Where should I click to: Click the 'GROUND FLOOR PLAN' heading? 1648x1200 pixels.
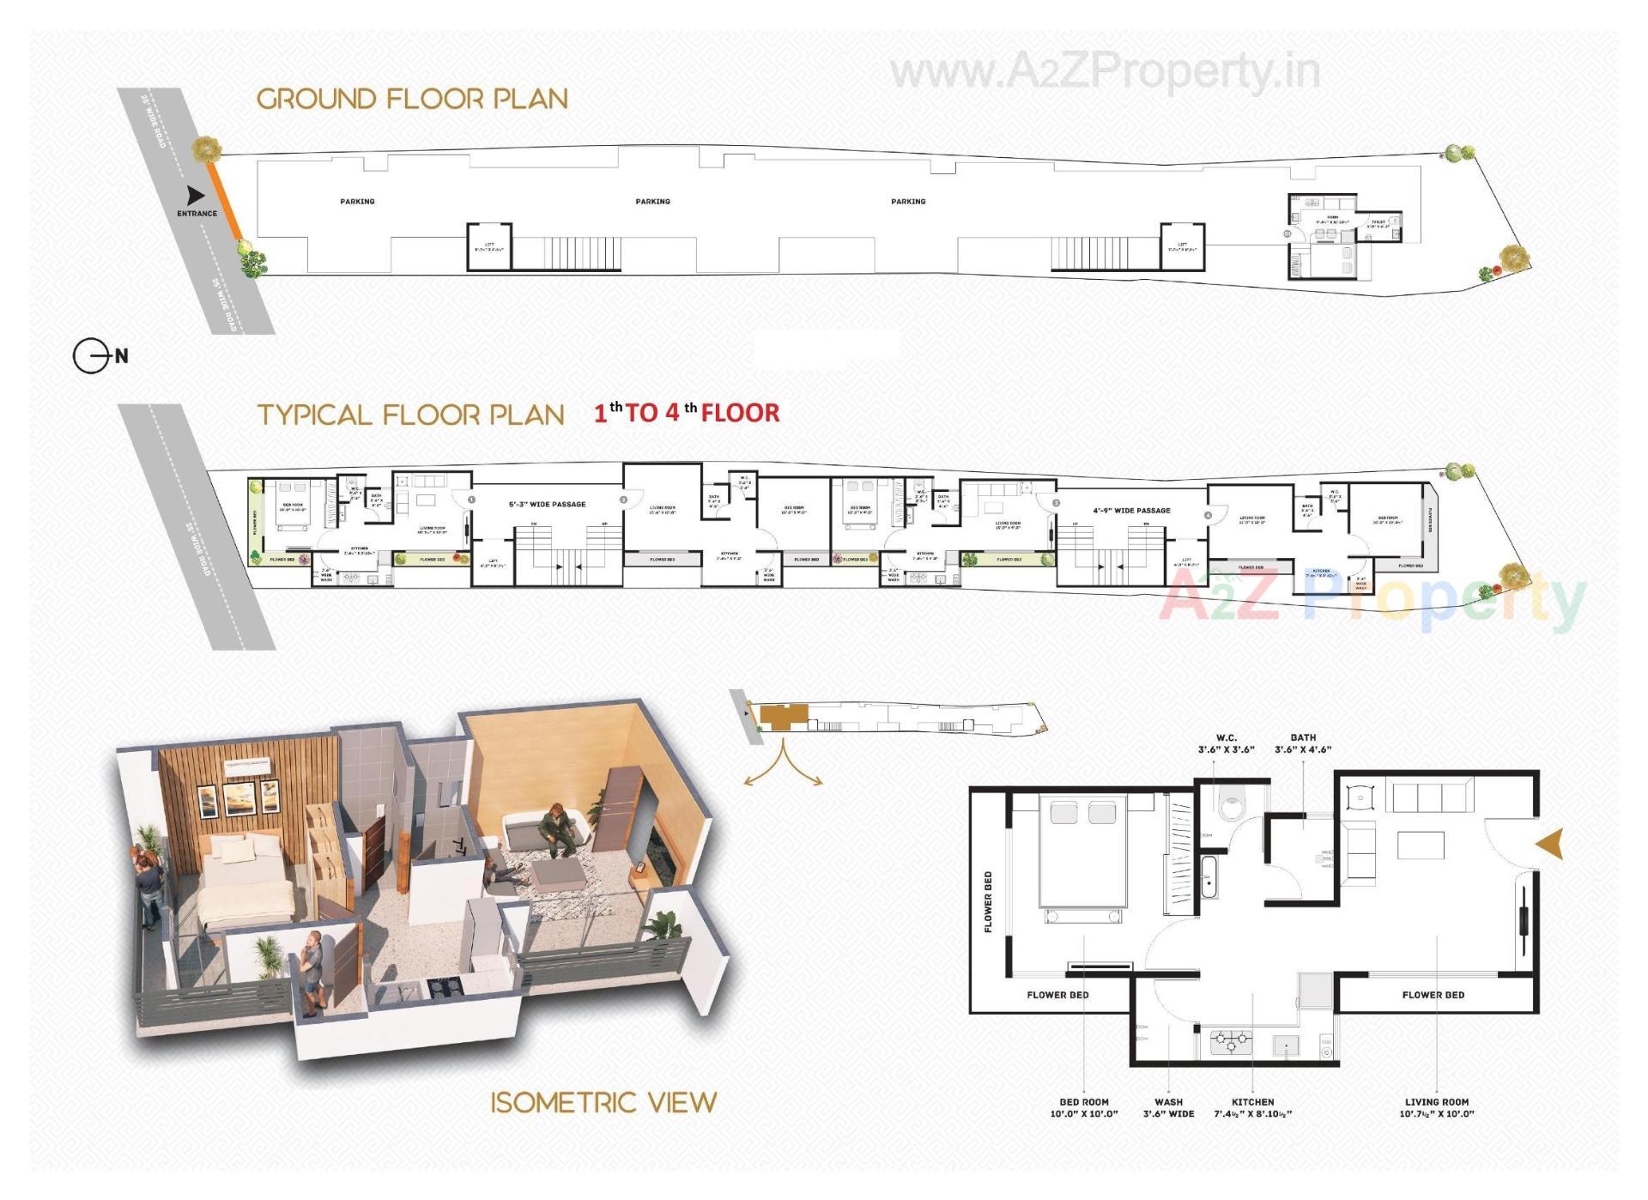[412, 99]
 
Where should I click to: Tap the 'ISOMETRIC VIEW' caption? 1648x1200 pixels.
[603, 1102]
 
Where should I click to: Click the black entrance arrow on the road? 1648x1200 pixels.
[197, 196]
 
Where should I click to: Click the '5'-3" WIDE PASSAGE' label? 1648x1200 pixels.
[547, 504]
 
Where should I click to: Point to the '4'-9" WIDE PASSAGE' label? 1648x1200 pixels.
[1131, 510]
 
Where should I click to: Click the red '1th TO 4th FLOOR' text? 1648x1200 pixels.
[687, 413]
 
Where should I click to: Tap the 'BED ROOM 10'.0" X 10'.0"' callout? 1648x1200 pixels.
[1084, 1107]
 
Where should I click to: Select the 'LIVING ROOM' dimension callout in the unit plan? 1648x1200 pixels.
[1436, 1107]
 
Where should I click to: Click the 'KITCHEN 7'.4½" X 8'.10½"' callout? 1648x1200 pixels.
[1252, 1107]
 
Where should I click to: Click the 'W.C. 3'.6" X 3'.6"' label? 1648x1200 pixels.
[1226, 743]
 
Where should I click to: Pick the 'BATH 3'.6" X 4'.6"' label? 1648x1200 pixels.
[1302, 743]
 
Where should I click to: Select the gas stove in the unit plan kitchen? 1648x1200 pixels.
[1231, 1042]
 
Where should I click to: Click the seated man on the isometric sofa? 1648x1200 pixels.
[556, 829]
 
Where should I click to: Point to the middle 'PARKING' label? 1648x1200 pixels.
[652, 202]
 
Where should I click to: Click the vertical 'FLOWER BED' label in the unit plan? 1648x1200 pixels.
[988, 901]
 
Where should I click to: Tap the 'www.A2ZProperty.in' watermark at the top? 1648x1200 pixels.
[1105, 72]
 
